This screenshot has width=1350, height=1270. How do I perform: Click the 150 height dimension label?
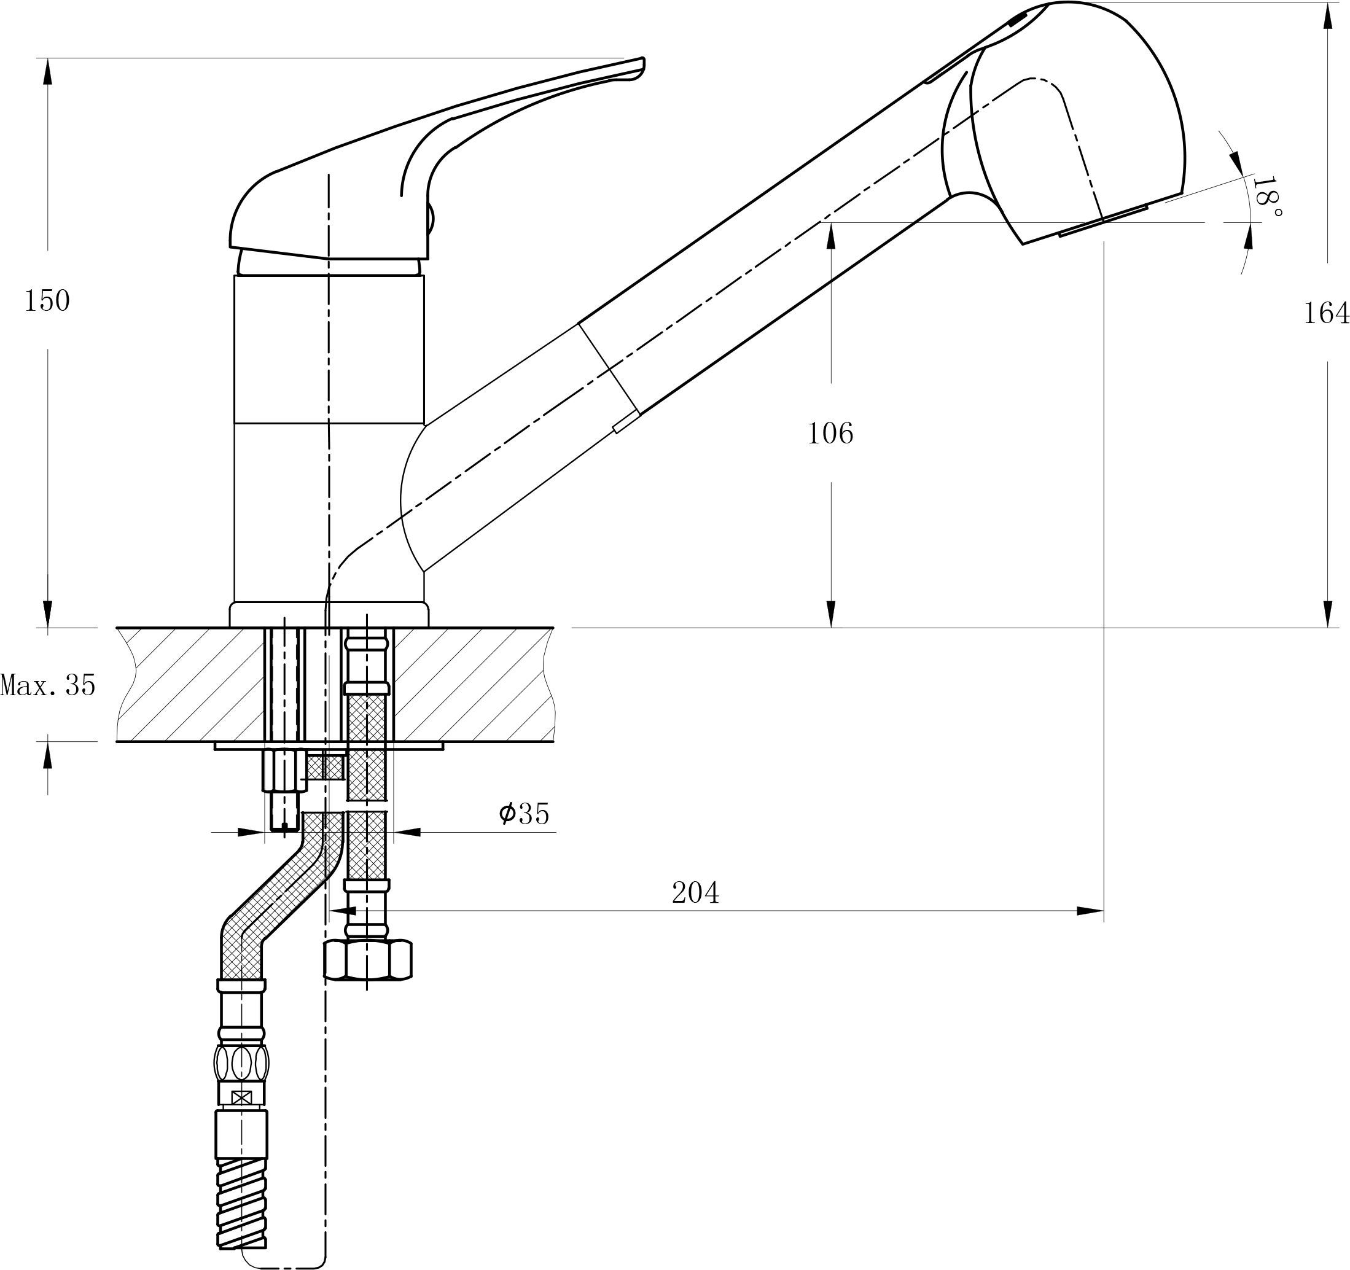[47, 301]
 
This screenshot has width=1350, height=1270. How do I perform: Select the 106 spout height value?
[830, 434]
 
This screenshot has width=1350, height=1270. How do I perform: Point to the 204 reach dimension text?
[695, 892]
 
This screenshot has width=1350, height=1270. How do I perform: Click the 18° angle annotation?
[1266, 197]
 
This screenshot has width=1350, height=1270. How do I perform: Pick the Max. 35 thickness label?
[48, 685]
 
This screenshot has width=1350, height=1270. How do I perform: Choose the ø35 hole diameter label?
[523, 813]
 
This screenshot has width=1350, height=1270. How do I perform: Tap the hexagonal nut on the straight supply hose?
[367, 959]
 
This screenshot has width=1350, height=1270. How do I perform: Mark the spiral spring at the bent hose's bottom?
[242, 1213]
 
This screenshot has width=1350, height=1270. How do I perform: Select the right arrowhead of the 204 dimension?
[1090, 911]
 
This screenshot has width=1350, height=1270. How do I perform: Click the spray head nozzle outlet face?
[1104, 220]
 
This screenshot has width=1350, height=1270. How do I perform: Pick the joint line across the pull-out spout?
[609, 367]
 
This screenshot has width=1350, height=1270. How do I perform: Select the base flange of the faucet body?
[329, 615]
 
